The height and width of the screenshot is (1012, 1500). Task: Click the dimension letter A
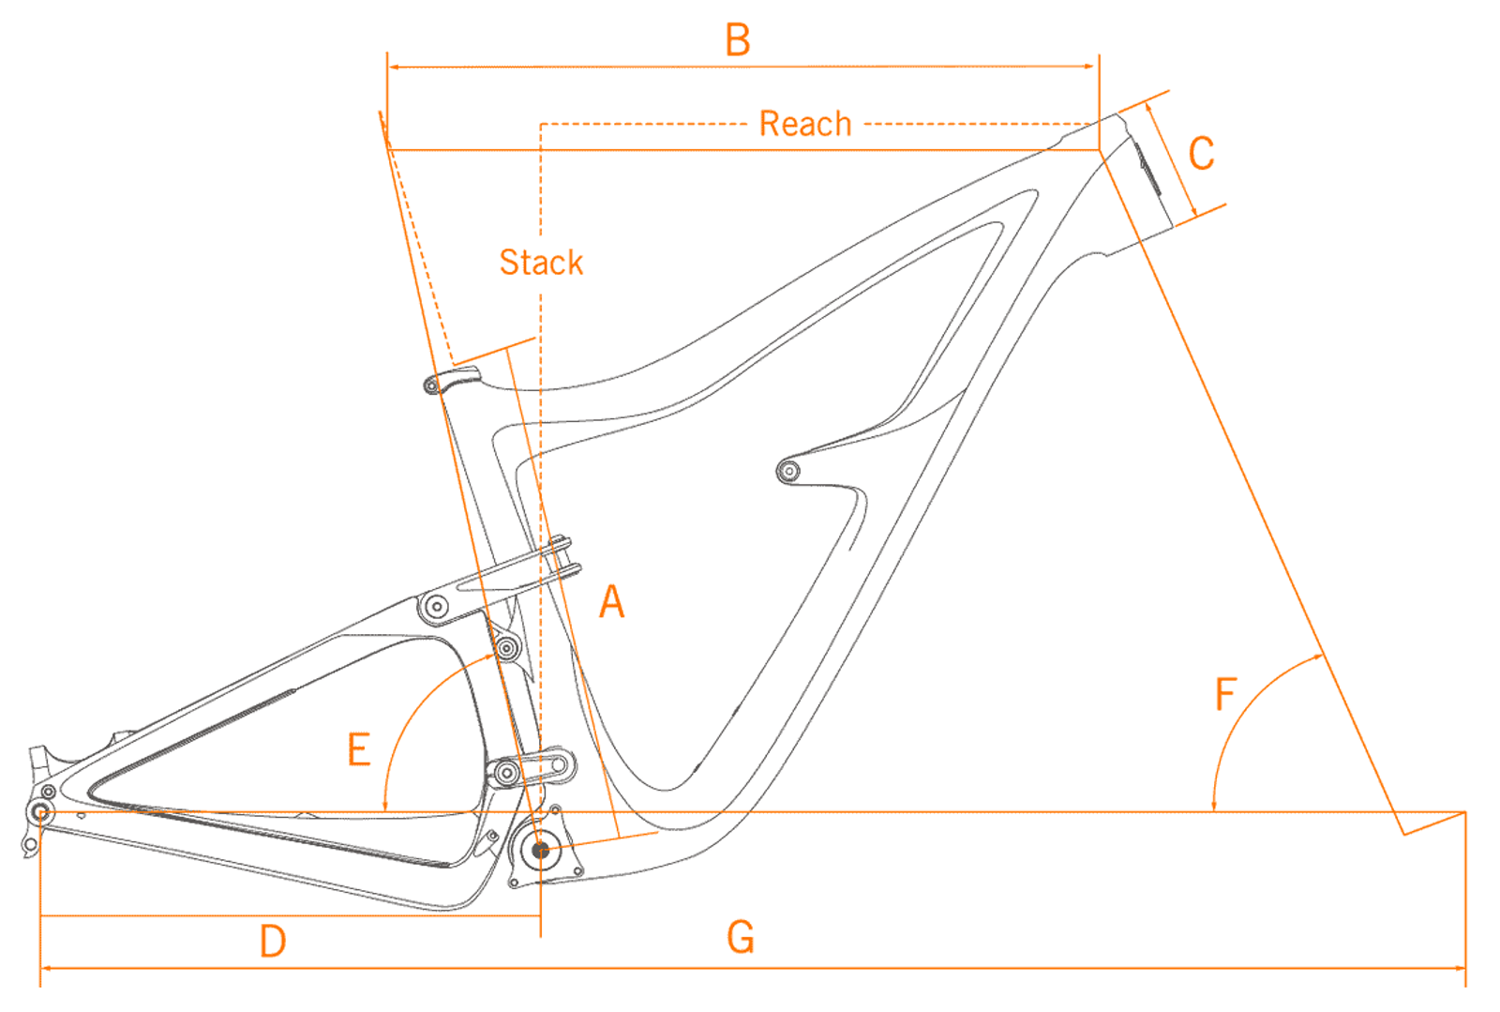tap(611, 601)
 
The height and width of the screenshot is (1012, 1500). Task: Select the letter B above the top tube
tap(738, 40)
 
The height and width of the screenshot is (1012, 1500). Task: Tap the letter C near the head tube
tap(1201, 154)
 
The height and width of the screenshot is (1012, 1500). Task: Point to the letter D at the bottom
tap(272, 941)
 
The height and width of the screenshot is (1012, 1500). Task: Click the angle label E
tap(358, 749)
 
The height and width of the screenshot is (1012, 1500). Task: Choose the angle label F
tap(1225, 695)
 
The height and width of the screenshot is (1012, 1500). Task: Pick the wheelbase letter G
tap(740, 937)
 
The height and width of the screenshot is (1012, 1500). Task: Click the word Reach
tap(804, 124)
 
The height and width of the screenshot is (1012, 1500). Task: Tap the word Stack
tap(541, 263)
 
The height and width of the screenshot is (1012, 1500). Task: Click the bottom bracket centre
tap(540, 850)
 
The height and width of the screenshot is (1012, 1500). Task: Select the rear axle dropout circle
tap(40, 812)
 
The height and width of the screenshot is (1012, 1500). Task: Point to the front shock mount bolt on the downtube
tap(788, 470)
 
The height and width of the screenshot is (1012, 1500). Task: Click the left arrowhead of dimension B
tap(393, 67)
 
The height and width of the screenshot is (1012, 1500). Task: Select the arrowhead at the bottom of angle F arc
tap(1214, 806)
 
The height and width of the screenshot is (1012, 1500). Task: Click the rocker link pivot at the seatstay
tap(436, 607)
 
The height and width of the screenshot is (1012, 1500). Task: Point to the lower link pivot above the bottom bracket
tap(507, 773)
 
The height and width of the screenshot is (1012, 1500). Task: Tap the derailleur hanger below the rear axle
tap(30, 844)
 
